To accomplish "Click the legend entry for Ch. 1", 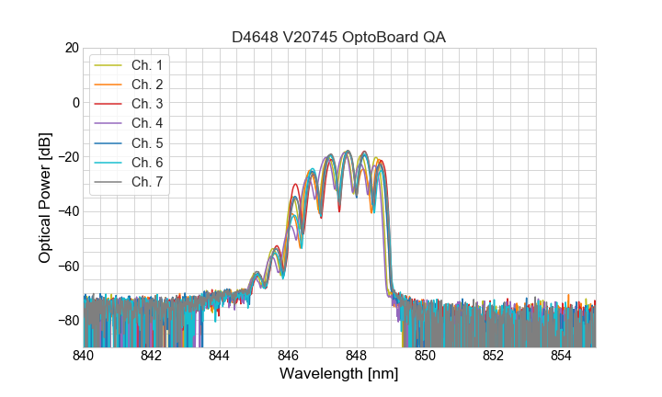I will (146, 65).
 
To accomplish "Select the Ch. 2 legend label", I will (146, 85).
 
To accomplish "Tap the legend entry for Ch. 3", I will (146, 104).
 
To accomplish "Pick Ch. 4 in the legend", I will (146, 123).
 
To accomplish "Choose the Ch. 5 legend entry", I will (146, 142).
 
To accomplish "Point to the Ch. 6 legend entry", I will (146, 162).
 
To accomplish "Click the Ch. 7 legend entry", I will (146, 181).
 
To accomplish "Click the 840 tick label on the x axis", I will (83, 356).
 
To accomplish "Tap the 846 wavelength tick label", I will (288, 356).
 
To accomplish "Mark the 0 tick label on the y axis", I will (74, 102).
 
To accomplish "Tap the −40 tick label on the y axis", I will (67, 211).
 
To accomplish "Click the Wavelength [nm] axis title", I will (339, 374).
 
